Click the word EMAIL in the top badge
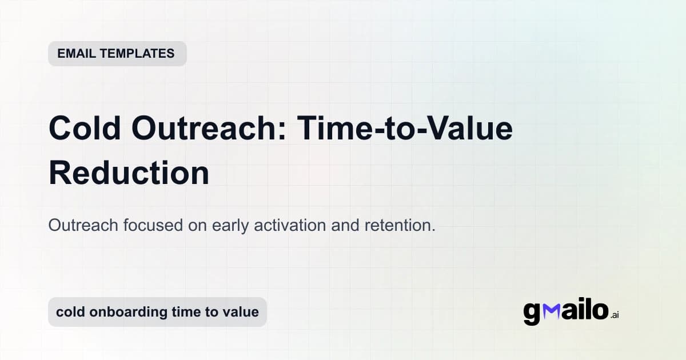pos(75,54)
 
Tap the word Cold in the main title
pos(85,129)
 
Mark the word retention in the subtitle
pos(400,225)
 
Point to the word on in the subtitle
pos(197,225)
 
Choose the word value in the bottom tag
pos(242,312)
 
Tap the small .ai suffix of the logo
pos(615,315)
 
